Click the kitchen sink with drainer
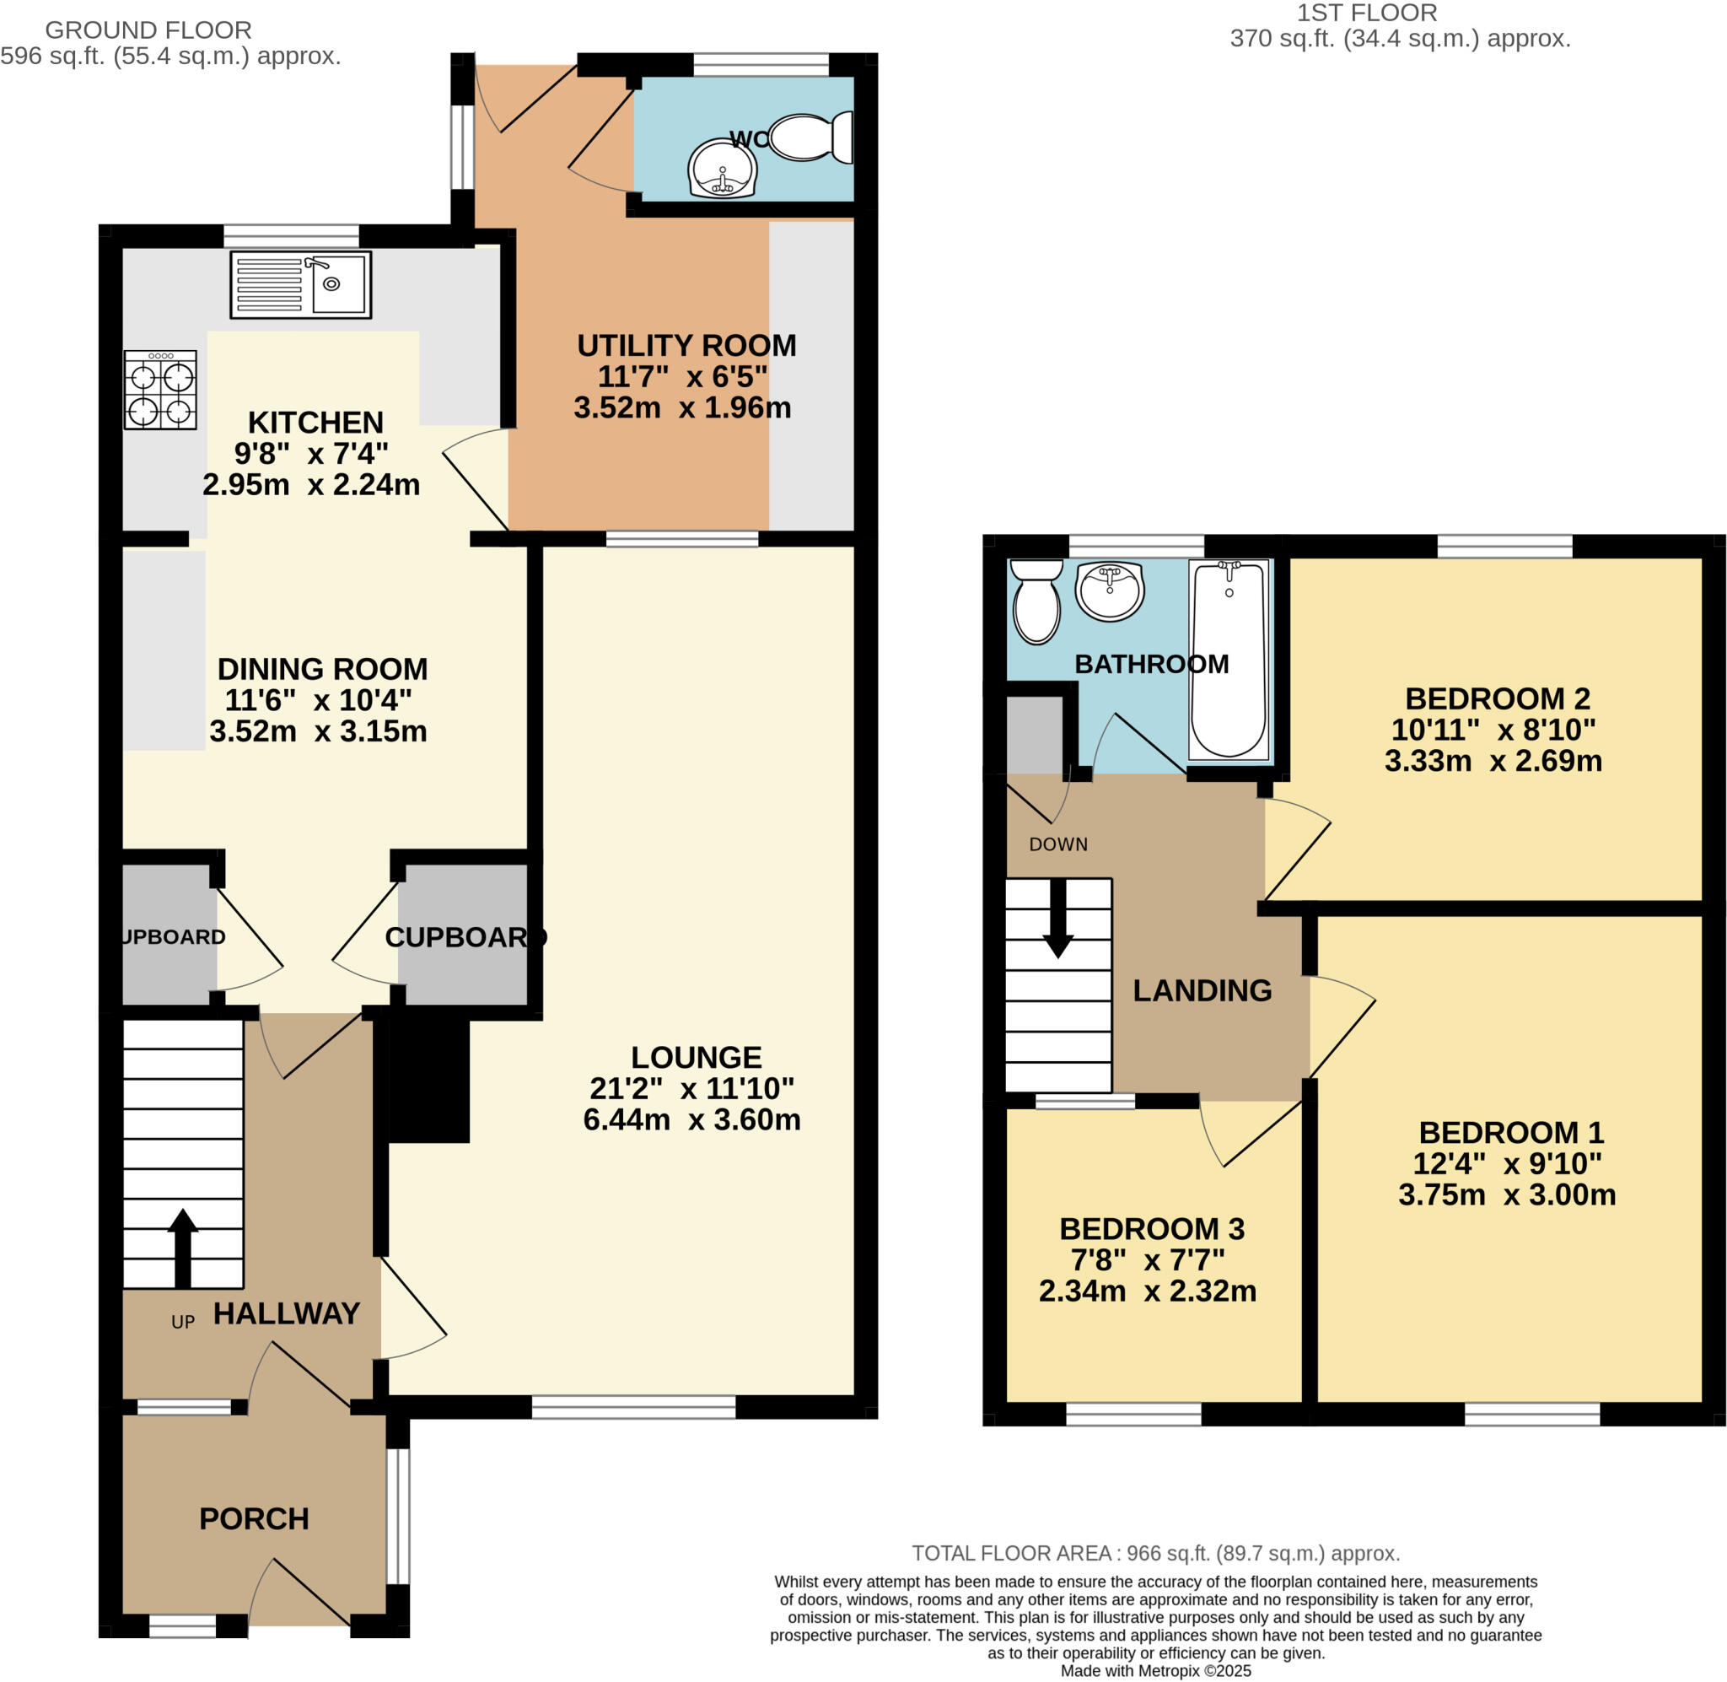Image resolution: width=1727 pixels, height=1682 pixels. (300, 284)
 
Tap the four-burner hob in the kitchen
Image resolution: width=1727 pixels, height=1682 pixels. (160, 390)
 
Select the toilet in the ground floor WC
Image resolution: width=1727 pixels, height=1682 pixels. (810, 137)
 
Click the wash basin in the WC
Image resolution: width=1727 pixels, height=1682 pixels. (722, 168)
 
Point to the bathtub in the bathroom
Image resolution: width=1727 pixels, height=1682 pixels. (1228, 660)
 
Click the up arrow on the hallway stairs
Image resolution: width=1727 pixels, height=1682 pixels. (183, 1247)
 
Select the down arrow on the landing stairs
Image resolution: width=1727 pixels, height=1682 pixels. (1057, 919)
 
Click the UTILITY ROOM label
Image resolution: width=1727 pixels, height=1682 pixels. (686, 345)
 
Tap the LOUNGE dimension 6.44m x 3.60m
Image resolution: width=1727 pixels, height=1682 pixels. (691, 1120)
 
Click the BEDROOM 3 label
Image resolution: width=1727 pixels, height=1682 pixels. (1151, 1229)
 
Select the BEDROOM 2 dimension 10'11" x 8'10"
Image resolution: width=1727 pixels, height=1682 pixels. (1493, 730)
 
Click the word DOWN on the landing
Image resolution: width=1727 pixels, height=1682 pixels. (1057, 844)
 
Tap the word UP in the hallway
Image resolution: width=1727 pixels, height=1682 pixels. (183, 1323)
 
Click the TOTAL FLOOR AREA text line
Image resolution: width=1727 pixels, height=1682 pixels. (1156, 1553)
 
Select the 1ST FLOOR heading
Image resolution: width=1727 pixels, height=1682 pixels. (1366, 13)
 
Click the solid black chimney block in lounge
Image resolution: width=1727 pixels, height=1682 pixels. (429, 1081)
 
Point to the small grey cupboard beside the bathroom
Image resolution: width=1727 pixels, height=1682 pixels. (1034, 736)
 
